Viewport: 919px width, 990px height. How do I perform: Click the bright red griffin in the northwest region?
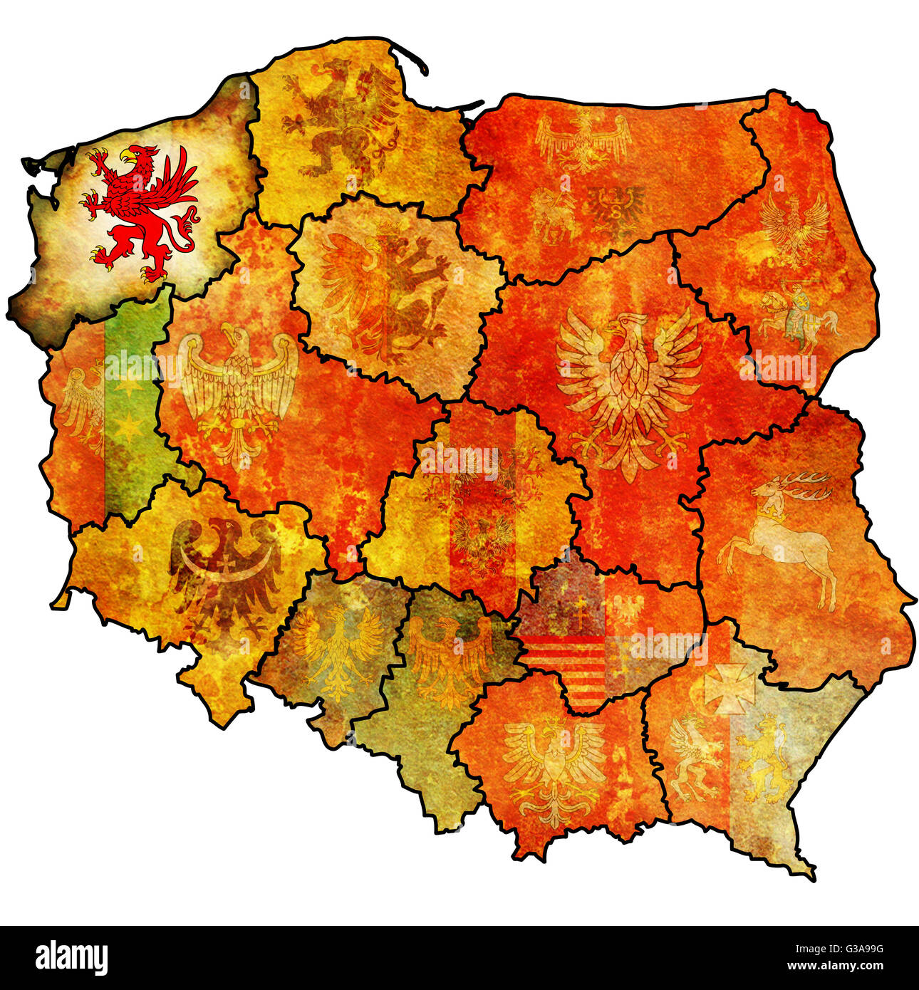tap(140, 211)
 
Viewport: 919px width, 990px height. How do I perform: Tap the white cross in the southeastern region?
tap(729, 688)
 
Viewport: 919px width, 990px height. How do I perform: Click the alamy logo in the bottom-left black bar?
tap(71, 957)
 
